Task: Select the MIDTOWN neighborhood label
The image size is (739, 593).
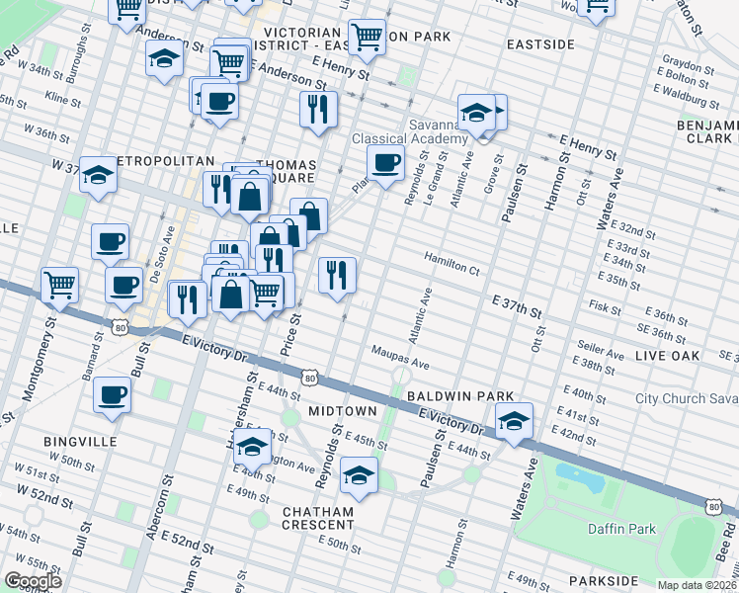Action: pyautogui.click(x=342, y=410)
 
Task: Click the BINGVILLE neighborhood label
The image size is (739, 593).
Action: pyautogui.click(x=80, y=441)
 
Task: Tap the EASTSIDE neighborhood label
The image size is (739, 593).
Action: pyautogui.click(x=540, y=44)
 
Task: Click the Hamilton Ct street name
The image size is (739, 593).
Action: pyautogui.click(x=452, y=269)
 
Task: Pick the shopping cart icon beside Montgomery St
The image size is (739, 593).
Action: pyautogui.click(x=60, y=285)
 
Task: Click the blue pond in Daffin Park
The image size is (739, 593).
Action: pyautogui.click(x=584, y=477)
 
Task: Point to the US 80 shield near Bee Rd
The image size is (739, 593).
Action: pyautogui.click(x=713, y=505)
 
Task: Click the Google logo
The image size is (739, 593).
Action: pyautogui.click(x=33, y=581)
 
